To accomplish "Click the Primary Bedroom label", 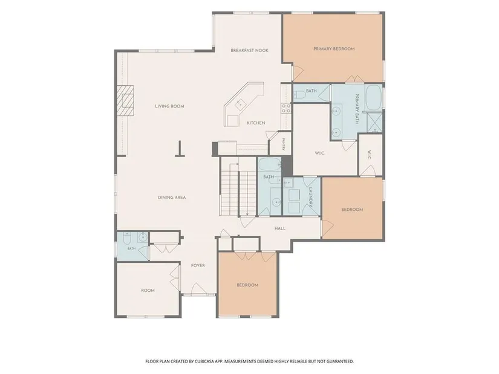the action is tap(334, 49).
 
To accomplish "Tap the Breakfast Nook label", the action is tap(249, 50).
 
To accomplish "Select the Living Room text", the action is tap(169, 106).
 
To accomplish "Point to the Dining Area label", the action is tap(172, 198).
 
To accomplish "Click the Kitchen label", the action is tap(256, 123).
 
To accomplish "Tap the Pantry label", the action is tap(283, 144).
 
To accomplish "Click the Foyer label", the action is tap(198, 265).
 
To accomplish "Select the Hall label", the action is tap(280, 228).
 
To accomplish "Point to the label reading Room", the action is tap(148, 291).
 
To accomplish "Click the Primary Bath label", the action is tap(357, 109).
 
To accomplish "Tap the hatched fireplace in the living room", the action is tap(125, 100).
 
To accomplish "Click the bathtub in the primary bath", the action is tap(373, 97).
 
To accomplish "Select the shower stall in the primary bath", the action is tap(374, 123).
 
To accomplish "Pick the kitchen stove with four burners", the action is tap(285, 108).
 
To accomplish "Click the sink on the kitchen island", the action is tap(240, 103).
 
